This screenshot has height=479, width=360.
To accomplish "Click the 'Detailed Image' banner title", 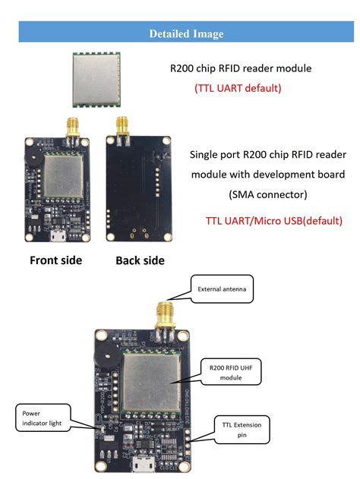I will [187, 33].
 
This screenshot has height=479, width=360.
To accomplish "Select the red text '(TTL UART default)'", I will [238, 88].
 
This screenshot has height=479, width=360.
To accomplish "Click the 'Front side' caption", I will [55, 260].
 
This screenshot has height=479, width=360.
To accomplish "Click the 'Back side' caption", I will [140, 260].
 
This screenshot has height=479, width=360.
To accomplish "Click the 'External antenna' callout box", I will [221, 289].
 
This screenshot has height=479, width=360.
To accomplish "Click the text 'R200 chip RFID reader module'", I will [241, 68].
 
